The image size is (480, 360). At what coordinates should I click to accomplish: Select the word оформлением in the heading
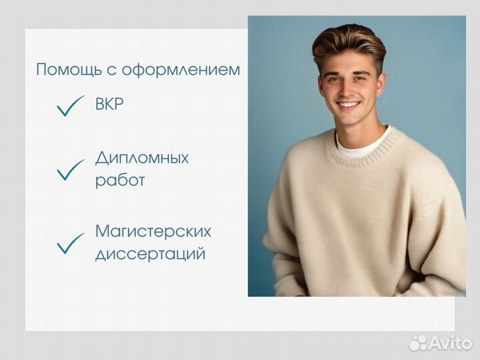coord(181,70)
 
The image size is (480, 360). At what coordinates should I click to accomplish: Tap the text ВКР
coord(109,104)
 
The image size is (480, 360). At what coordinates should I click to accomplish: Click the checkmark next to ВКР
coord(71,106)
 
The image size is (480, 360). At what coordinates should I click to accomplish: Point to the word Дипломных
coord(142,158)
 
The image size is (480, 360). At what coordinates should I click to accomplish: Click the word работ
coord(120,180)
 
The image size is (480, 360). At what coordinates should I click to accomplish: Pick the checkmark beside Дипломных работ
coord(71,170)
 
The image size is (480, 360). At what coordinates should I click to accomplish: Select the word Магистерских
coord(153,231)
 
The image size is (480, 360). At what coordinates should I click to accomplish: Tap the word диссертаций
coord(150,253)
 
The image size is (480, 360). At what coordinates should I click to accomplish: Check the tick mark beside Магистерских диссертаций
coord(71,243)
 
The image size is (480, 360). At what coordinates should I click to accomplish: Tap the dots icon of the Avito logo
coord(418,343)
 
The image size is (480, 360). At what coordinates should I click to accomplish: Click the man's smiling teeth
coord(349,105)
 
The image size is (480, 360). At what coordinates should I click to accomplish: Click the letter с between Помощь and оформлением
coord(112,71)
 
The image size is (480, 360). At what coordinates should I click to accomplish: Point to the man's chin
coord(350,119)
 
